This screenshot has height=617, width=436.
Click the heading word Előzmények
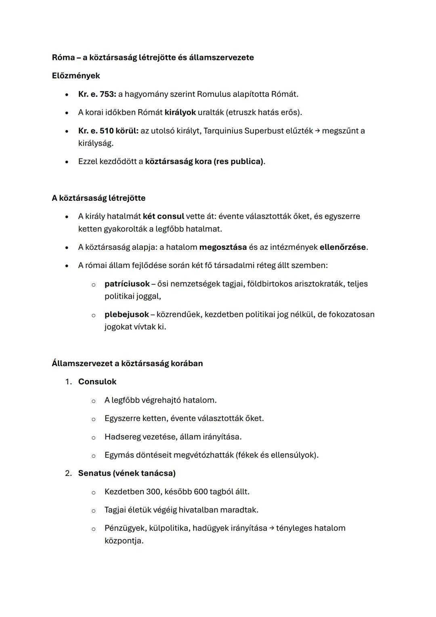(x=76, y=76)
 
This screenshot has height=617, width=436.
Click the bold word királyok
(x=180, y=112)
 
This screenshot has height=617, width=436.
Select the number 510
(x=106, y=131)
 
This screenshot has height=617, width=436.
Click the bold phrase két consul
(x=163, y=216)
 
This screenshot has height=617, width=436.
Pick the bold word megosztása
(x=223, y=247)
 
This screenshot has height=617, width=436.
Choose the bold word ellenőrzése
(x=343, y=247)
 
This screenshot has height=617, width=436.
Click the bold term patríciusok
(x=127, y=284)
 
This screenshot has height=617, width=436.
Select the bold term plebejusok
(x=126, y=314)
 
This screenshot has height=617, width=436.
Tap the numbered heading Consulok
(x=97, y=382)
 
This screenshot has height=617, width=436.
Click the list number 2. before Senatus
(x=69, y=473)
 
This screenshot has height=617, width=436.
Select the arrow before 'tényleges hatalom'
(x=272, y=529)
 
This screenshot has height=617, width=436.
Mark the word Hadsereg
(x=122, y=437)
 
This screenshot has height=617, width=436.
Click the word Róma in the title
(x=63, y=57)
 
